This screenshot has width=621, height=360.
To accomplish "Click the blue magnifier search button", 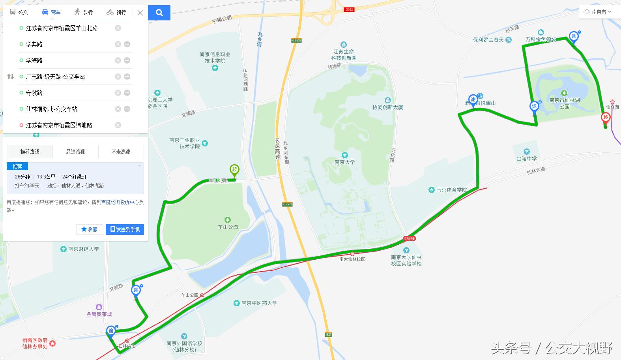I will point(159,13).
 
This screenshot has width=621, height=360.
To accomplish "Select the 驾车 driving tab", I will point(51,12).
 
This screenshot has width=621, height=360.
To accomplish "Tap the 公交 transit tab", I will point(19,12).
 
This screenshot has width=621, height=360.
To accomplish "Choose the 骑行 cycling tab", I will point(116,12).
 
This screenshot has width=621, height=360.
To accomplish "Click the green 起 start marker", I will point(234,171).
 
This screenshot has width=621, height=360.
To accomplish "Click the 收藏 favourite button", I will point(90,229).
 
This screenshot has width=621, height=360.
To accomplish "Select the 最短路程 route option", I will point(75,152).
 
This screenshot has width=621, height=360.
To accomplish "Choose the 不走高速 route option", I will point(121,152).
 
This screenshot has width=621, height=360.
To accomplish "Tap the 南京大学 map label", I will point(344,162).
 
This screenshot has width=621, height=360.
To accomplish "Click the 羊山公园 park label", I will point(228,227).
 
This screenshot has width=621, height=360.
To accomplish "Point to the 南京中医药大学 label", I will point(259,303).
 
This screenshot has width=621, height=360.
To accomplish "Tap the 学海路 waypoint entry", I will point(34,60).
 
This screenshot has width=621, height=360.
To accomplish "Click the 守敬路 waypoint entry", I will point(34,93).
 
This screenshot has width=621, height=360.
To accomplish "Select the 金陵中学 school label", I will point(527,158).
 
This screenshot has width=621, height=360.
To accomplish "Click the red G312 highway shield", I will point(349,9).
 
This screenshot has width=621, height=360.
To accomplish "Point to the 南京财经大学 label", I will point(83,249).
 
